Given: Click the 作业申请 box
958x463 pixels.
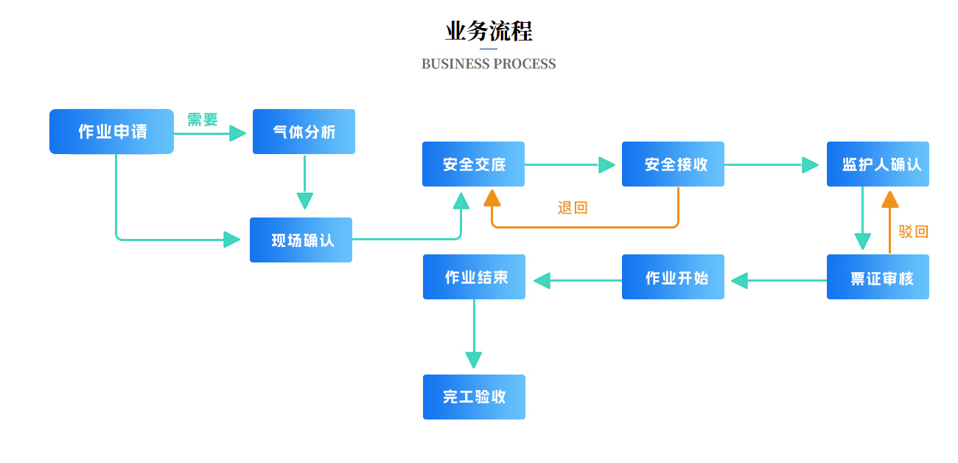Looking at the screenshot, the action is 111,131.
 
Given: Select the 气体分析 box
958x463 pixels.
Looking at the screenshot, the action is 304,131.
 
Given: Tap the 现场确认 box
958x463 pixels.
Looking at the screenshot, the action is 301,240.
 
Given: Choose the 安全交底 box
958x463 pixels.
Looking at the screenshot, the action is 473,164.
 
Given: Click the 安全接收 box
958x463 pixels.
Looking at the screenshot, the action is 673,164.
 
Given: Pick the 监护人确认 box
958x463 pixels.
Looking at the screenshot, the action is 878,164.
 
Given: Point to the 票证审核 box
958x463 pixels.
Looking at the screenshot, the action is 878,277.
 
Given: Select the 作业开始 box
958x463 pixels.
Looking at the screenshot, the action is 673,277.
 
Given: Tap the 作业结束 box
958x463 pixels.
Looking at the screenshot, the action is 475,277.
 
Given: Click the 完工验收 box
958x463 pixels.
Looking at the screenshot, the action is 475,397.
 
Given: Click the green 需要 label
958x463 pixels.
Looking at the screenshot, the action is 203,119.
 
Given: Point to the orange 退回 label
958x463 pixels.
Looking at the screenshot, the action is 573,207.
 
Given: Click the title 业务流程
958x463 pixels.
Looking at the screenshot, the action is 489,31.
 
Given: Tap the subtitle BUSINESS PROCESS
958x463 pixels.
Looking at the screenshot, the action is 489,63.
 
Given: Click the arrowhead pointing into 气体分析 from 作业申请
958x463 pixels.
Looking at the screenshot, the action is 238,133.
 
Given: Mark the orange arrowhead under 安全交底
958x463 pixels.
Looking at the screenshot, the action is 492,198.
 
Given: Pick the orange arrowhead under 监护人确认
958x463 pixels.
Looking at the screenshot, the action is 890,199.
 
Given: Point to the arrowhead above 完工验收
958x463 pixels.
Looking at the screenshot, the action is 474,361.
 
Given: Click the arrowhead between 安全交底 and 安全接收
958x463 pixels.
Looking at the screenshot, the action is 607,164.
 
